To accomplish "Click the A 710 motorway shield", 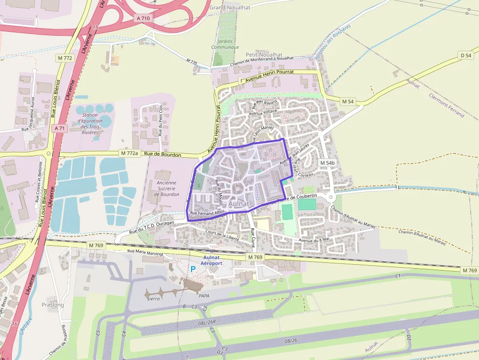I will (143, 18).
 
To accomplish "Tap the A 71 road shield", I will (59, 128).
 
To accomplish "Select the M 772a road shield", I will (130, 153).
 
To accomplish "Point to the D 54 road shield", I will (466, 56).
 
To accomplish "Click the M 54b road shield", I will (327, 163).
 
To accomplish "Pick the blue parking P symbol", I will (193, 269).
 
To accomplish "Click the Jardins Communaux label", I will (225, 44).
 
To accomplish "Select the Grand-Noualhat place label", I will (230, 8).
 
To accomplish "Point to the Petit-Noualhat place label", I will (264, 55).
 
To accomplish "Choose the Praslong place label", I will (53, 305).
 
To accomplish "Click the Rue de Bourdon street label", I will (163, 155).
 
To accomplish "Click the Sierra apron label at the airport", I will (153, 298).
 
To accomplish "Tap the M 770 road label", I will (192, 62).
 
